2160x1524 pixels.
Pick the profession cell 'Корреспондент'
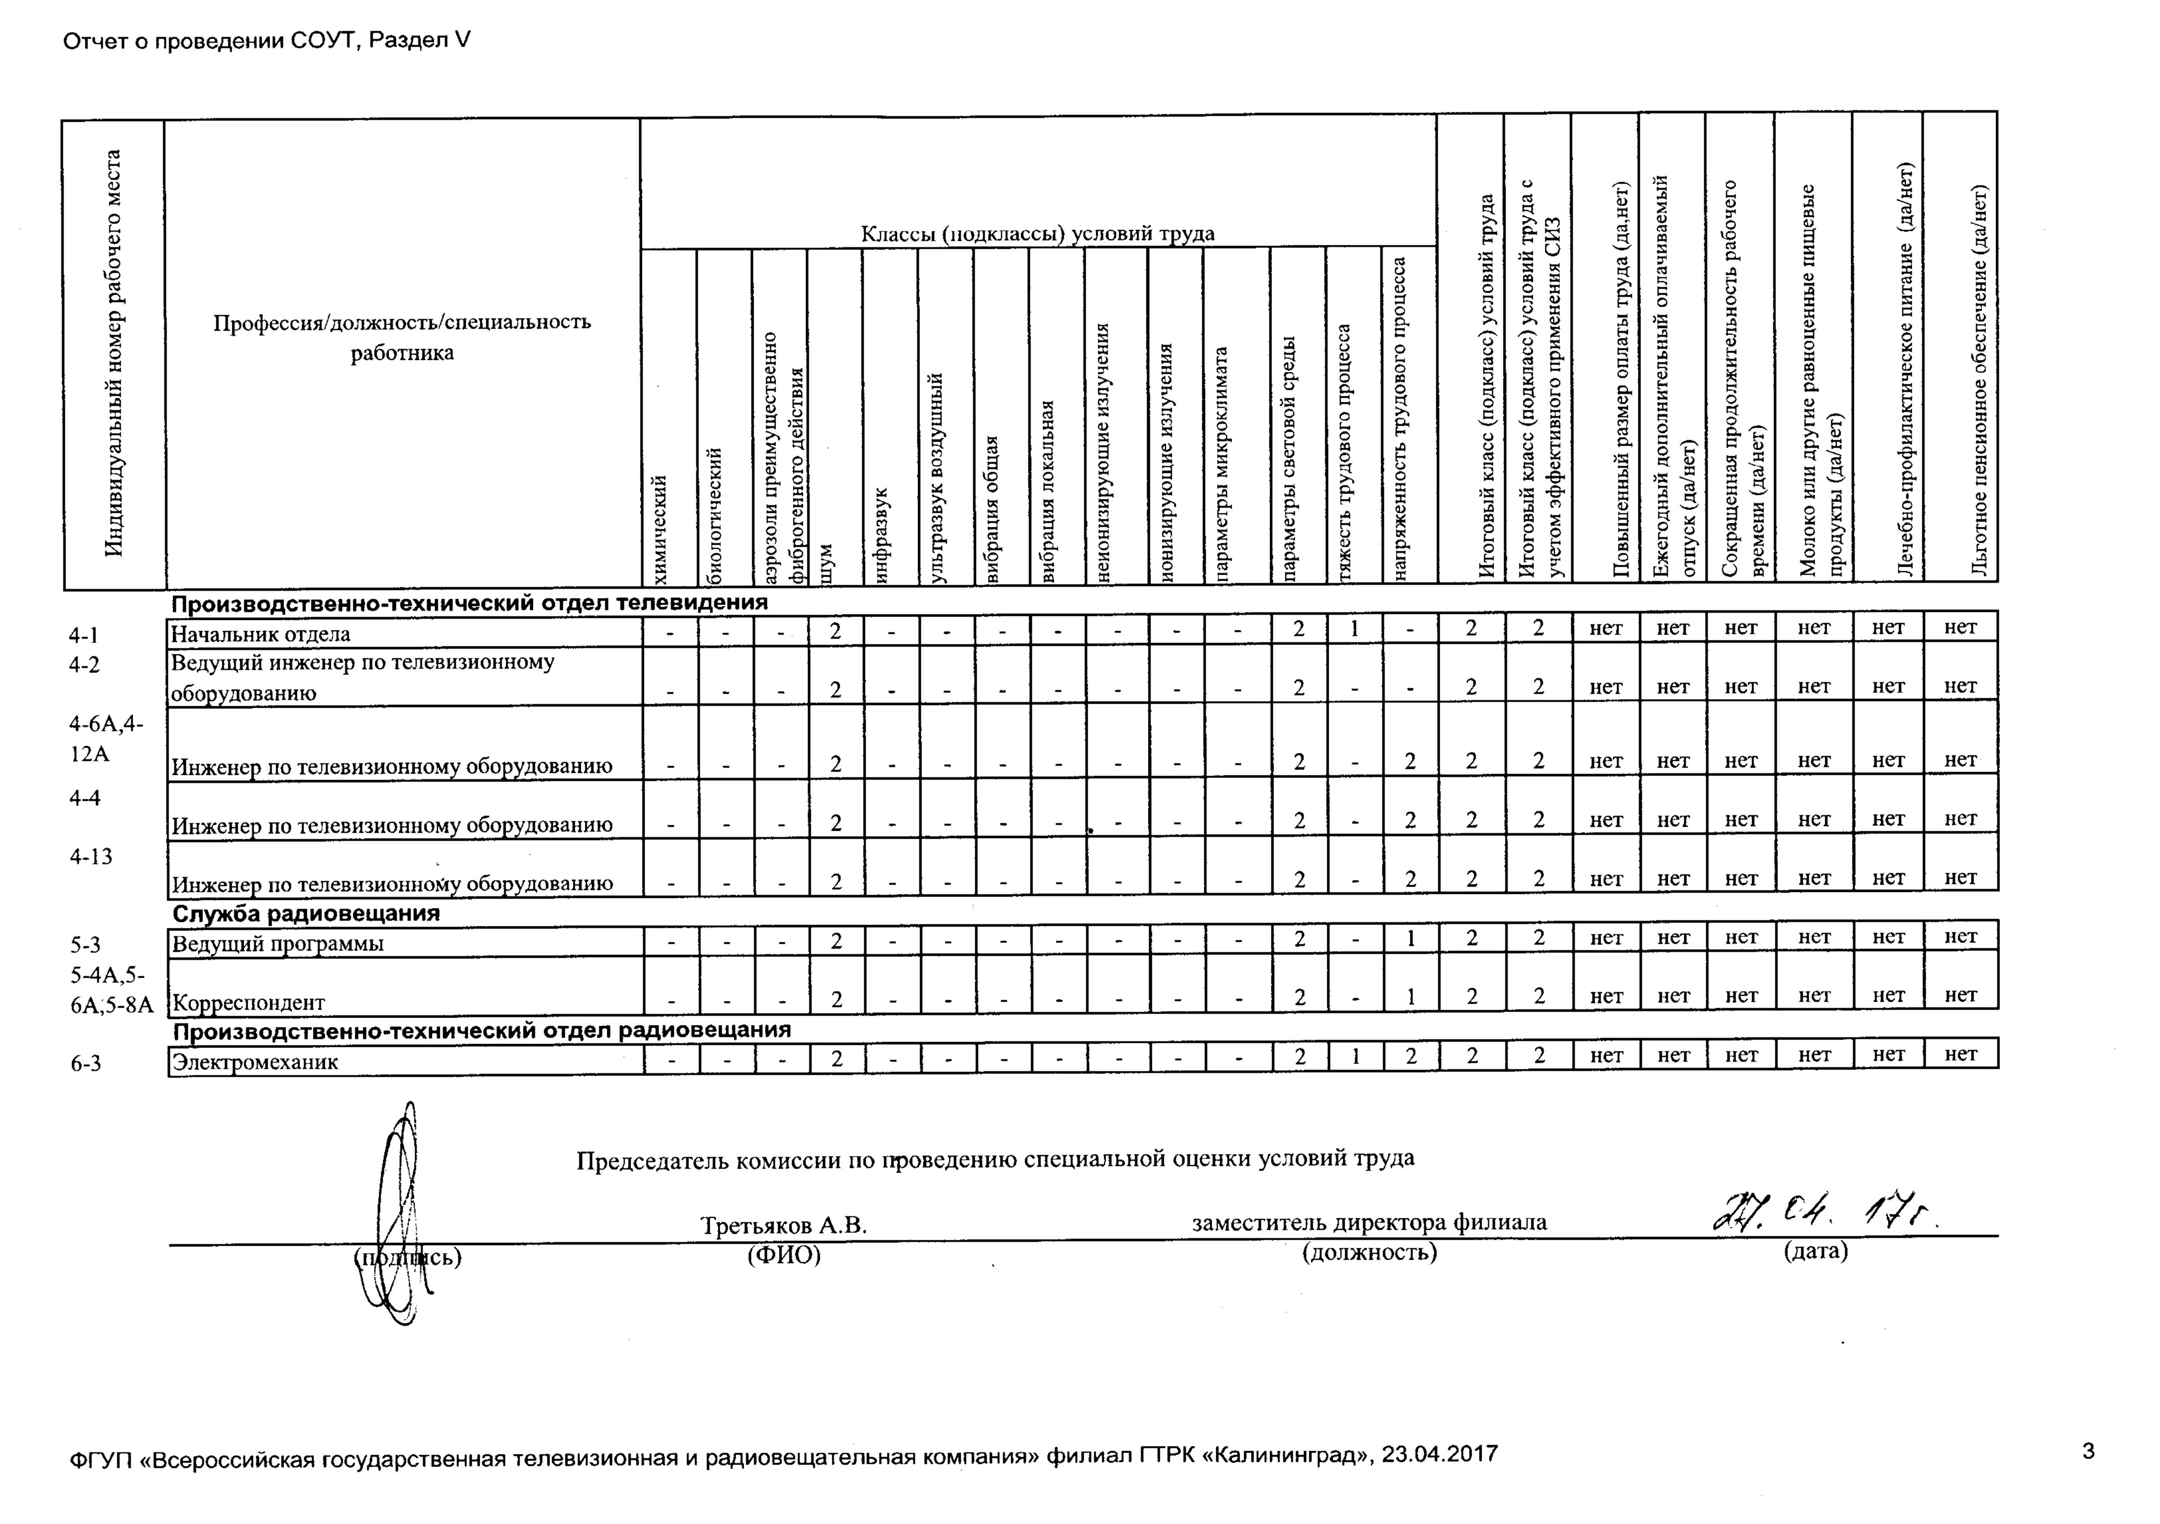tap(249, 1003)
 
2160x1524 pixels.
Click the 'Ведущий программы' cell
tap(279, 943)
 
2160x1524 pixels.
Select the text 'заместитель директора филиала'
tap(1369, 1223)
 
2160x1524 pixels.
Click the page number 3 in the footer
tap(2088, 1452)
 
